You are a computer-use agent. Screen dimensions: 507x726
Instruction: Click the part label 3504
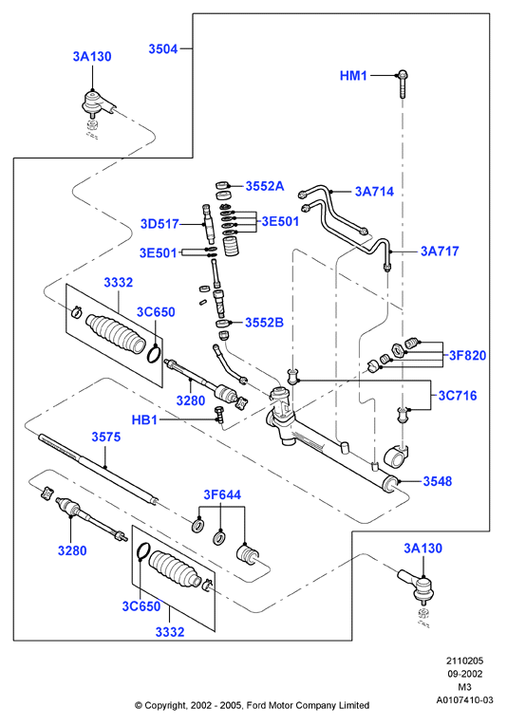[x=163, y=48]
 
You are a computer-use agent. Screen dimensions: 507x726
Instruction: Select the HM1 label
[x=353, y=76]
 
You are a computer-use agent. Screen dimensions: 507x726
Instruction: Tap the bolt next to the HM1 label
[x=403, y=84]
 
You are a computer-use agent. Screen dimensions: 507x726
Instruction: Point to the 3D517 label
[x=160, y=224]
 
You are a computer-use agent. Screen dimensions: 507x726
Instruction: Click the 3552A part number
[x=265, y=186]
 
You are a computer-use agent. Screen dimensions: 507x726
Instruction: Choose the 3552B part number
[x=264, y=323]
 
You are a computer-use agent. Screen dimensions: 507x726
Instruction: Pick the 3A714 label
[x=374, y=191]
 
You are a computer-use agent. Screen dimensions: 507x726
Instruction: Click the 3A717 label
[x=440, y=251]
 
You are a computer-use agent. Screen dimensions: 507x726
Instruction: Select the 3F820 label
[x=468, y=356]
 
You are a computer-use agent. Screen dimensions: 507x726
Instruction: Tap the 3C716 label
[x=458, y=396]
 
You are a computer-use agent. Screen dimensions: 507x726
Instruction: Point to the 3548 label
[x=438, y=481]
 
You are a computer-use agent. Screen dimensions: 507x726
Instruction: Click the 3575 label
[x=106, y=437]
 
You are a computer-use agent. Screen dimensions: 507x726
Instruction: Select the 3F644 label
[x=222, y=495]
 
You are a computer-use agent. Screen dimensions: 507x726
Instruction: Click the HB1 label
[x=144, y=420]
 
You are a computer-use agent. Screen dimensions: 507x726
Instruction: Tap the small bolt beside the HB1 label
[x=219, y=414]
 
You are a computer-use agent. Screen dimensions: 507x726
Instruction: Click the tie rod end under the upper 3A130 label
[x=97, y=104]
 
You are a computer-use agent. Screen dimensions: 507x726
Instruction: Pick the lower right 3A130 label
[x=422, y=549]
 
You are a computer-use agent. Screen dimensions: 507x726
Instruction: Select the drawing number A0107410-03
[x=465, y=699]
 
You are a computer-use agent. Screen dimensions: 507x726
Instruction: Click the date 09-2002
[x=464, y=674]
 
